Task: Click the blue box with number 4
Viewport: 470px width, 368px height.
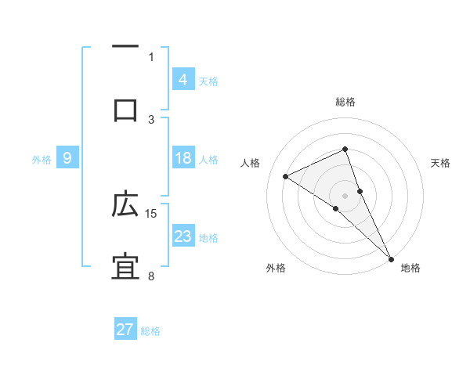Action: [183, 80]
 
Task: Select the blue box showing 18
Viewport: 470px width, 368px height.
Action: [183, 158]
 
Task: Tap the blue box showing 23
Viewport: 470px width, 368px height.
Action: [183, 236]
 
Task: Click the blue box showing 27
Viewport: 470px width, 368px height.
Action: [125, 330]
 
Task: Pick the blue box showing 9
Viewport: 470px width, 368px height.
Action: [67, 158]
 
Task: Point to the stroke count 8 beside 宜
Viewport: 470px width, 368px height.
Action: [151, 276]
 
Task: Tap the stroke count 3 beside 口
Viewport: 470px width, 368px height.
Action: [151, 119]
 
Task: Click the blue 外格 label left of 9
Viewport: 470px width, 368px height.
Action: [42, 159]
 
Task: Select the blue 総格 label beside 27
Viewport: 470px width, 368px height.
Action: [150, 330]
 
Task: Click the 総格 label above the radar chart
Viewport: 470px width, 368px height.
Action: [345, 102]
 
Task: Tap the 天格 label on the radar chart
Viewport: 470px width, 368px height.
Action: [441, 163]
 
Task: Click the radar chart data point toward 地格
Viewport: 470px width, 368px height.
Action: [391, 256]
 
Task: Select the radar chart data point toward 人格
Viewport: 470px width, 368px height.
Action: [286, 176]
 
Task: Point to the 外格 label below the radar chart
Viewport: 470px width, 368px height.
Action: [275, 268]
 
